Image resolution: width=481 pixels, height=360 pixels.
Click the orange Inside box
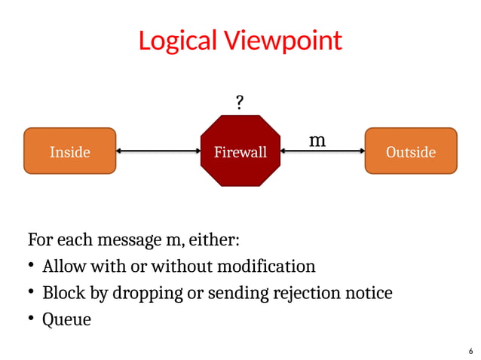click(70, 151)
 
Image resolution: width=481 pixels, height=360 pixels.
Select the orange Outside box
click(410, 151)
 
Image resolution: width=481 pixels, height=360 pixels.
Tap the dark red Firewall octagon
click(240, 151)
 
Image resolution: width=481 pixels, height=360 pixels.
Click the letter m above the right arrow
click(317, 140)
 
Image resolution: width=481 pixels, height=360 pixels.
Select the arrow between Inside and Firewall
click(158, 151)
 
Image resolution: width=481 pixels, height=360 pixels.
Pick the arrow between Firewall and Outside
click(322, 151)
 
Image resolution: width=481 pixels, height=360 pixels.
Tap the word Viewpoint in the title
click(282, 40)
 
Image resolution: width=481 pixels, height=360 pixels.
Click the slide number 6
click(470, 351)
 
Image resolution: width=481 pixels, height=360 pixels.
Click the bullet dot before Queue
click(32, 319)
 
